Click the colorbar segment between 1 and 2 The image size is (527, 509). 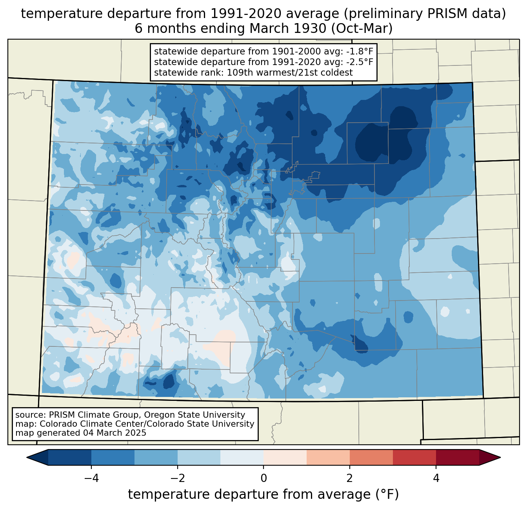pyautogui.click(x=328, y=457)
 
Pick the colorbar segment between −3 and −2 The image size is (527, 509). pyautogui.click(x=156, y=457)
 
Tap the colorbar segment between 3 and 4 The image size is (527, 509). pyautogui.click(x=414, y=457)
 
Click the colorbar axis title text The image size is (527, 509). pyautogui.click(x=263, y=495)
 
